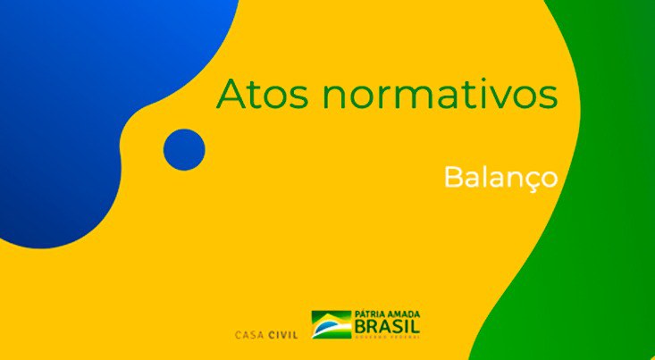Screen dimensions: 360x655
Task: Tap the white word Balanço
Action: (500, 176)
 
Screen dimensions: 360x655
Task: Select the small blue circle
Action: (185, 149)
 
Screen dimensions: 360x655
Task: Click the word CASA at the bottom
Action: (249, 336)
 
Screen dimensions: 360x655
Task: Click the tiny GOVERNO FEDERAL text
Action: (388, 339)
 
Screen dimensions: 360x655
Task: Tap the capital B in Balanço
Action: (452, 176)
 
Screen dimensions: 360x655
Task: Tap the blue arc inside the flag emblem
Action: (332, 324)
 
